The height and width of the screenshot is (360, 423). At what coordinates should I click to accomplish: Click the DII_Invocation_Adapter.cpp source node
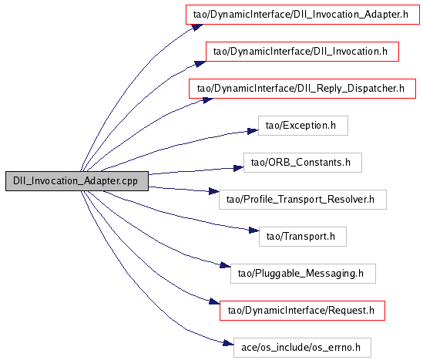tap(77, 181)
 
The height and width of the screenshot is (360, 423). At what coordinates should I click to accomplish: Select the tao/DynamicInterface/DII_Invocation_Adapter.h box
tap(303, 15)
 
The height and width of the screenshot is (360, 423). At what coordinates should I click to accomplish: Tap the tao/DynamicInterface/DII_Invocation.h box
tap(302, 52)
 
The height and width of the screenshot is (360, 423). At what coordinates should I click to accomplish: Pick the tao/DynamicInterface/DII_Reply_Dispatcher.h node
tap(302, 89)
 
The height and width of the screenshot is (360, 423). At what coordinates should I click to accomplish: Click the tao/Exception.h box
tap(304, 126)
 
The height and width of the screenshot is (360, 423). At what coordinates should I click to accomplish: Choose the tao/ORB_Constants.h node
tap(303, 163)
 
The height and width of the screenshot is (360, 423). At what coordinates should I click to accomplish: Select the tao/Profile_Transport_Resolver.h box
tap(303, 200)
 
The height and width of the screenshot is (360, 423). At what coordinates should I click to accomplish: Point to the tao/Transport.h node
tap(303, 237)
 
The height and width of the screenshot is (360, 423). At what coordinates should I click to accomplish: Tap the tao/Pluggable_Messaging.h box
tap(304, 274)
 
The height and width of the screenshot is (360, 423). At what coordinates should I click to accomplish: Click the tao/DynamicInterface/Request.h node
tap(302, 311)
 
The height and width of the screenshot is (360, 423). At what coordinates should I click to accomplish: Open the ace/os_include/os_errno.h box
tap(302, 348)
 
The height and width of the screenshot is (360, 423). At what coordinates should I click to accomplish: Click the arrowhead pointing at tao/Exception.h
tap(253, 131)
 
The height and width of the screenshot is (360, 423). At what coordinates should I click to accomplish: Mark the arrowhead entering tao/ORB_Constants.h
tap(239, 168)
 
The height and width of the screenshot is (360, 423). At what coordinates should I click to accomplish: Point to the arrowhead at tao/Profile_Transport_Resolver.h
tap(214, 191)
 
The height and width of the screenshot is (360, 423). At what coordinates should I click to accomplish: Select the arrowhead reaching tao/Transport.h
tap(253, 230)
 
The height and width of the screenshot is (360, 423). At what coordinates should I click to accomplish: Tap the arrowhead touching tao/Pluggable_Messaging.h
tap(225, 265)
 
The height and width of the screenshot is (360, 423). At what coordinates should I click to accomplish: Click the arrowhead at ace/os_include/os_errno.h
tap(228, 343)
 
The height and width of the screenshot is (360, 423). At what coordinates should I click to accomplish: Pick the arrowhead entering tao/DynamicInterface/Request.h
tap(214, 301)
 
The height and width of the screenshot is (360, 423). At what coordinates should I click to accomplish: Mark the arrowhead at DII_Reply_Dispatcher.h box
tap(208, 100)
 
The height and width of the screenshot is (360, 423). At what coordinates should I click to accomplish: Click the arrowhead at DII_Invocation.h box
tap(200, 64)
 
